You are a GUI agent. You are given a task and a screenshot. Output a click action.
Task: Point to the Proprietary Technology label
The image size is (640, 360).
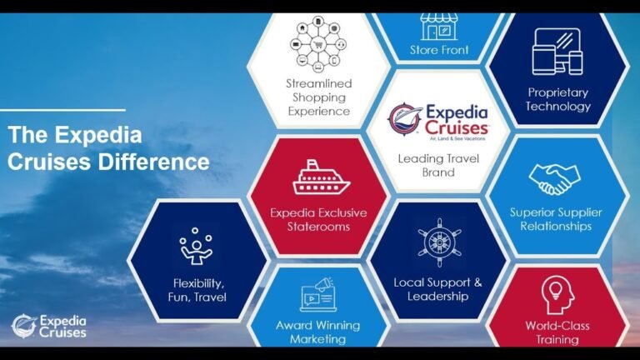click(x=558, y=99)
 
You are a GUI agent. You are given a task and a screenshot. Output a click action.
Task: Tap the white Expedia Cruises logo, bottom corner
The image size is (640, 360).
click(x=49, y=326)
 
